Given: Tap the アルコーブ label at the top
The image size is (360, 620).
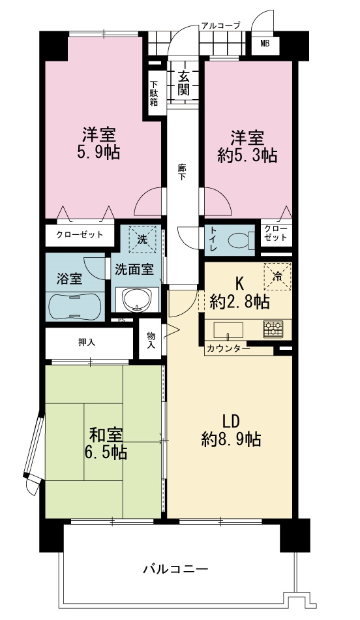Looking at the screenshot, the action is pos(220,25).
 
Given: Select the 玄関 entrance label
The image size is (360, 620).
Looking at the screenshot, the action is pos(183,83).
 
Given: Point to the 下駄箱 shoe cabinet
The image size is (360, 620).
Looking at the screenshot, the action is pos(154,93).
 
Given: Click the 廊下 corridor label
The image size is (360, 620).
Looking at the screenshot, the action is pos(181,172).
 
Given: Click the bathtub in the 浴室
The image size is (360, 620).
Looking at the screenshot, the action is pos(75,307).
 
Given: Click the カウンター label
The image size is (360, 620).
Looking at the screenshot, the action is pos(228,349).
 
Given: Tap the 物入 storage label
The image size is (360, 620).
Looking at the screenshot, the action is pos(151,340).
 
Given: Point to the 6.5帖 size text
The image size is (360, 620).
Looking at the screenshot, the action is pos(106,452).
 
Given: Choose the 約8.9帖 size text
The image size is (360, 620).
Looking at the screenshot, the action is pos(231,439).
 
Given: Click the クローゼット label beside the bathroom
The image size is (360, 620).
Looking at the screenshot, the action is pos(80,235).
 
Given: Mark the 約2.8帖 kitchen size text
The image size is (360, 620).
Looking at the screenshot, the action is pos(240,302).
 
